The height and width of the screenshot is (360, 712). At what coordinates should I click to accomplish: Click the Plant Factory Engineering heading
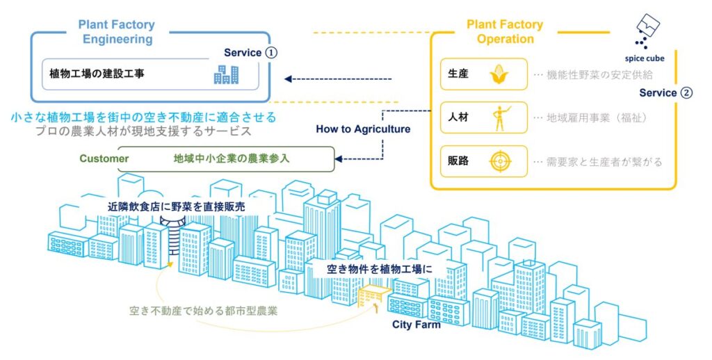tap(117, 32)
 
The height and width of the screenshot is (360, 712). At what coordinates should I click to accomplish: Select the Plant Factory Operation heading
tap(505, 32)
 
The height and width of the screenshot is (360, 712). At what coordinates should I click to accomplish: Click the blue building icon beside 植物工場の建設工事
tap(226, 74)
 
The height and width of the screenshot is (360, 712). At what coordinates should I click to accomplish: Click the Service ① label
tap(250, 53)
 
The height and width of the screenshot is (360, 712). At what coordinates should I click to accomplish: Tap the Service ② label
tap(665, 92)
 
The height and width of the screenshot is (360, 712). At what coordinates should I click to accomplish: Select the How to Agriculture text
tap(363, 129)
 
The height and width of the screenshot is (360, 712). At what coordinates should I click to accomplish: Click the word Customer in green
tap(104, 158)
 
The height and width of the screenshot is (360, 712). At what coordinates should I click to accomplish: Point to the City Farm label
tap(416, 325)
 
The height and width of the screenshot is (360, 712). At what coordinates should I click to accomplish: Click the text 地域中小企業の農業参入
tap(232, 158)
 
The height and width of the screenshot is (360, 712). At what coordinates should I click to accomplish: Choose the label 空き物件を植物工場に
tap(379, 268)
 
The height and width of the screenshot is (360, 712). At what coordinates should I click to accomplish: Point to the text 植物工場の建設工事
tap(97, 73)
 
